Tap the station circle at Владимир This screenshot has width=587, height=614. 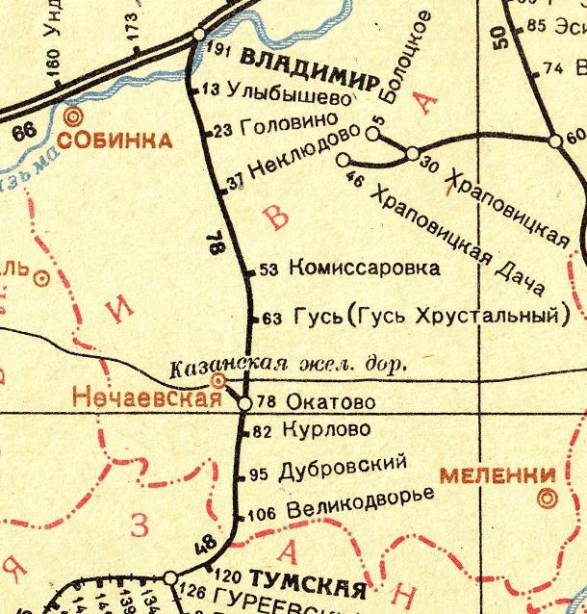tap(199, 34)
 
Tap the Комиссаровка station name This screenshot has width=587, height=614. tap(364, 269)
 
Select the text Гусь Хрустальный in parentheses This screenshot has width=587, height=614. tap(453, 316)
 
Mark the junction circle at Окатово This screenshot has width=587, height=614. tap(244, 402)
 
